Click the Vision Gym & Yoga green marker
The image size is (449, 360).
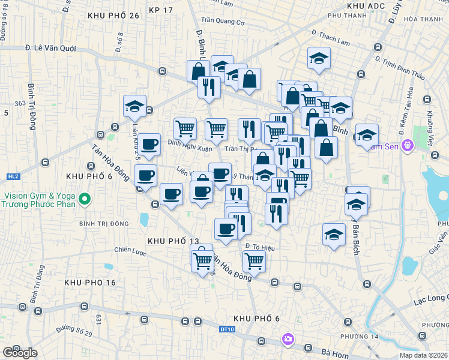click(84, 199)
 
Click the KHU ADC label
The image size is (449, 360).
click(365, 5)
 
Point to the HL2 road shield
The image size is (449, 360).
click(13, 176)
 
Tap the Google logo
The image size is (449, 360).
click(20, 352)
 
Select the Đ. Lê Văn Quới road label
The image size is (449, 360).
click(50, 47)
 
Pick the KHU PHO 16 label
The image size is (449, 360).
click(90, 282)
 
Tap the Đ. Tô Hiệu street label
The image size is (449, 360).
click(260, 246)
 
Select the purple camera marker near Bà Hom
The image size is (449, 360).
click(288, 340)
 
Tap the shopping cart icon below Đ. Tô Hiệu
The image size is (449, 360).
click(255, 261)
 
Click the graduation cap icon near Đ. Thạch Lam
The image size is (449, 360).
click(319, 58)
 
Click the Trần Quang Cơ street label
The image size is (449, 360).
click(223, 22)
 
